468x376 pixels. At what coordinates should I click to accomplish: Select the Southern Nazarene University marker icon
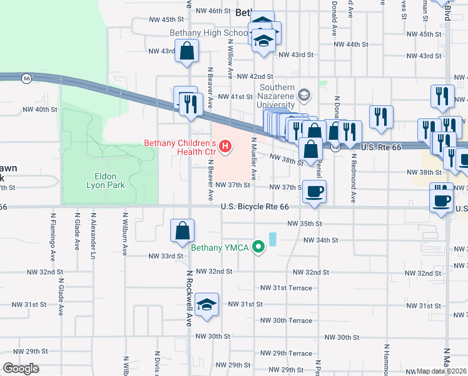[x=304, y=95]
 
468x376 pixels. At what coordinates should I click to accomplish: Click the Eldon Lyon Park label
[x=106, y=180]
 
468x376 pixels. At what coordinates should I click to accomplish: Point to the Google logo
[x=21, y=368]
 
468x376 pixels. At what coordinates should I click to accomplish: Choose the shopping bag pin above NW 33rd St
[x=182, y=231]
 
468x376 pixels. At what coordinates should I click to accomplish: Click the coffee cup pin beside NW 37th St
[x=315, y=191]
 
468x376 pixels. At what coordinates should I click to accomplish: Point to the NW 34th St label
[x=320, y=240]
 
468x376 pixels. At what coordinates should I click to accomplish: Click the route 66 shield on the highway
[x=26, y=78]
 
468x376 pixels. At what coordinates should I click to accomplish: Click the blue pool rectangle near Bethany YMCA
[x=273, y=239]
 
